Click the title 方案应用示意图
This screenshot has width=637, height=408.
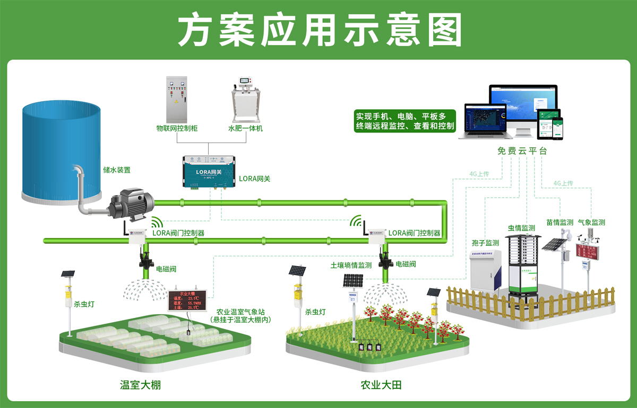[x=318, y=30]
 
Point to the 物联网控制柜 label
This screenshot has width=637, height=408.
[x=177, y=128]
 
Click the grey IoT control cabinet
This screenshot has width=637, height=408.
[x=177, y=99]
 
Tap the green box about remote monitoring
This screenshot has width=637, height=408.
[x=404, y=121]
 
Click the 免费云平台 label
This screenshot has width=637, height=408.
[x=522, y=151]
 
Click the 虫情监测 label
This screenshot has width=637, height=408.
[x=521, y=228]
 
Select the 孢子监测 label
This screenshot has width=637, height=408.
[x=485, y=243]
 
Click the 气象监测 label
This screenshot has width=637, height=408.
[x=591, y=223]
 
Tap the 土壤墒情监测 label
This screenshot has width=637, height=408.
[x=351, y=265]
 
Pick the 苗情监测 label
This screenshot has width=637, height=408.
[x=559, y=223]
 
